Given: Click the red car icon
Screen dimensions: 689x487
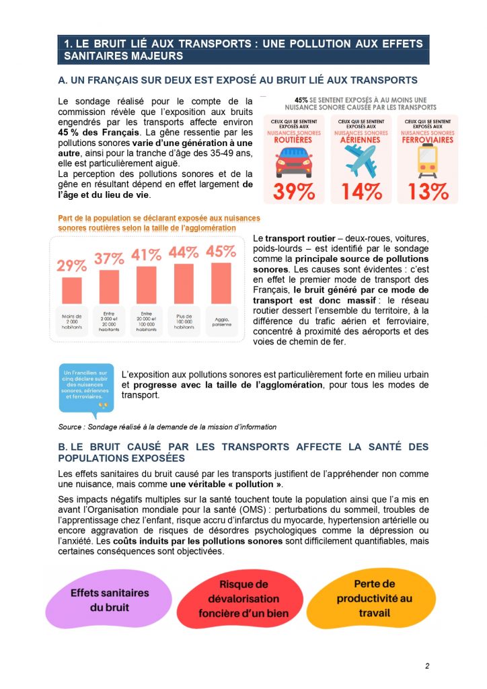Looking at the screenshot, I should coord(293,162).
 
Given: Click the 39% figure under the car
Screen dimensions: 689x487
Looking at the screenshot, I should coord(294,192).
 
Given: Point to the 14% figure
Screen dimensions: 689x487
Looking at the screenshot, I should coord(361,192).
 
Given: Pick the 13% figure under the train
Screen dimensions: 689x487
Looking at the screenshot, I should coord(428,192).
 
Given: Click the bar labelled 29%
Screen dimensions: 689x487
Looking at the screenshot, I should coord(71,290).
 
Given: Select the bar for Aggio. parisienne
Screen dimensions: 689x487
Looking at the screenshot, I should coord(221,283).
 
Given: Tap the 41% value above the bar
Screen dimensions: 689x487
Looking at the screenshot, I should coord(146,256).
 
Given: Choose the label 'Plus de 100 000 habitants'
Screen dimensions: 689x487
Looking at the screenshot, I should coord(184,320).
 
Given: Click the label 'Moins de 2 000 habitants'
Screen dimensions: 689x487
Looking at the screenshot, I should coord(71,320).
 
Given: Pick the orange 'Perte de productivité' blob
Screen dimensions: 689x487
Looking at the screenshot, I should coord(375,597).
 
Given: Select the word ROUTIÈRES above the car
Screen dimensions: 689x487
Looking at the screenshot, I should coord(294,140).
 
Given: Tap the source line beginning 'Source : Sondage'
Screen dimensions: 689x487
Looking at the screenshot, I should coord(167,427).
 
